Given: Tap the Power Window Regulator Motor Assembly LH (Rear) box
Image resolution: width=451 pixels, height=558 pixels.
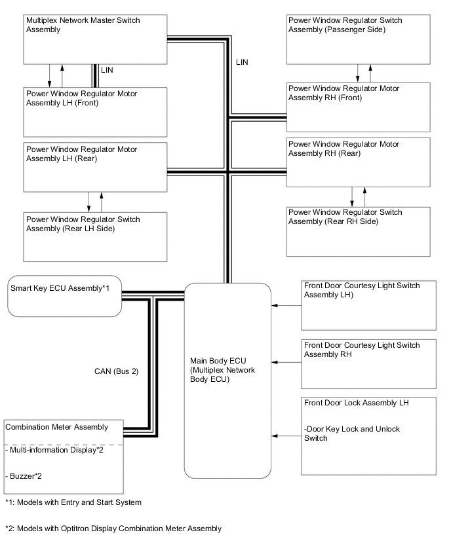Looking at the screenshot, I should click(95, 167).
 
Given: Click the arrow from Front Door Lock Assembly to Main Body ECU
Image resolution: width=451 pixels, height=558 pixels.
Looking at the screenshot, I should click(286, 435).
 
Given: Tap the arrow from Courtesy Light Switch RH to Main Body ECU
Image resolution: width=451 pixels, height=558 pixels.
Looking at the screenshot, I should click(286, 362).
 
